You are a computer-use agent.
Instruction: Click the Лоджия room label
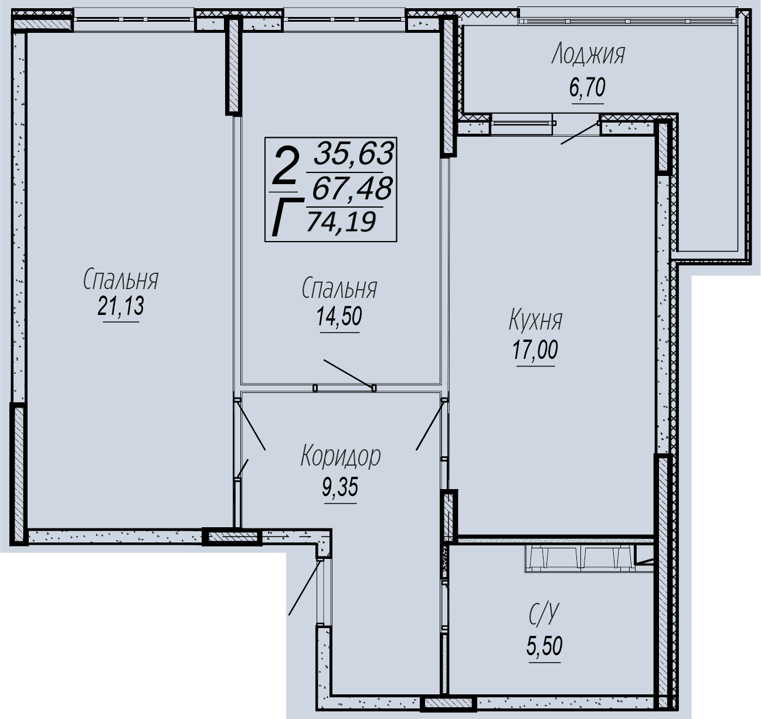pyautogui.click(x=588, y=55)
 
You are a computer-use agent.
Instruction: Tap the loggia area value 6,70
pyautogui.click(x=587, y=88)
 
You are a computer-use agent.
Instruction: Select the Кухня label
pyautogui.click(x=535, y=320)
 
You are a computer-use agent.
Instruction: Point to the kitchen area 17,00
pyautogui.click(x=535, y=350)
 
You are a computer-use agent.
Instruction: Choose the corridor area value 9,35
pyautogui.click(x=340, y=487)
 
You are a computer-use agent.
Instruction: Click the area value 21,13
pyautogui.click(x=121, y=306)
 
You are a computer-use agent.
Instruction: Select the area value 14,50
pyautogui.click(x=339, y=317)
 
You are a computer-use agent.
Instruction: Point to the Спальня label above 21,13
pyautogui.click(x=121, y=280)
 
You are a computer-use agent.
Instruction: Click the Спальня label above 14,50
pyautogui.click(x=339, y=289)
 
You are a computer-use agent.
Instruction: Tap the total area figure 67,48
pyautogui.click(x=352, y=188)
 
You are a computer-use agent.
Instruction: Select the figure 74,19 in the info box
pyautogui.click(x=341, y=221)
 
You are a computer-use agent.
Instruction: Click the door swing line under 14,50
pyautogui.click(x=349, y=374)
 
